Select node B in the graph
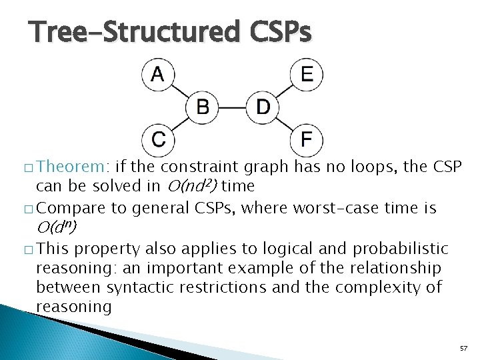[203, 107]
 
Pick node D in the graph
[263, 107]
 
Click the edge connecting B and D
[233, 107]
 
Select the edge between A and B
[180, 90]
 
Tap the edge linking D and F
[285, 123]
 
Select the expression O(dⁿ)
[57, 228]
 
